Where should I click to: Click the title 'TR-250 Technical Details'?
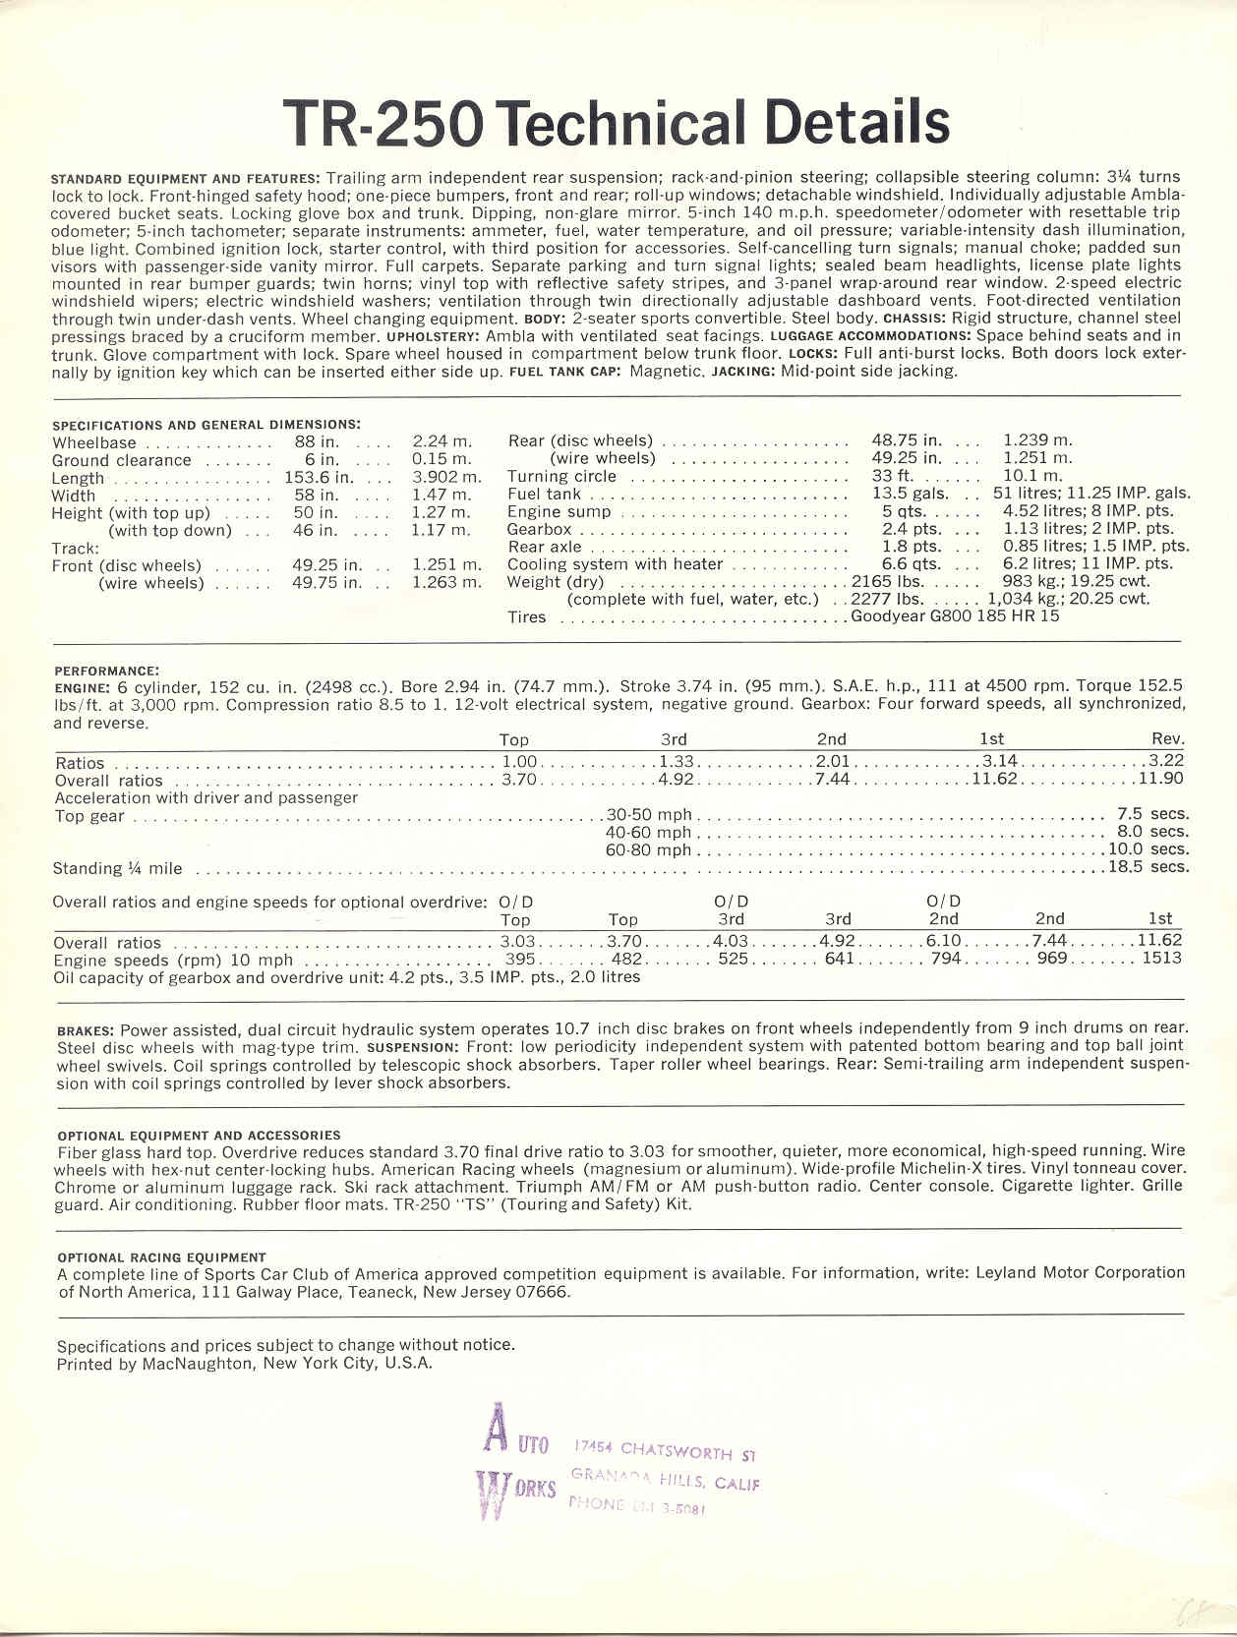pyautogui.click(x=617, y=124)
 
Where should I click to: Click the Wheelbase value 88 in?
pyautogui.click(x=317, y=442)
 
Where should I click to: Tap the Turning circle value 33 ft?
pyautogui.click(x=893, y=476)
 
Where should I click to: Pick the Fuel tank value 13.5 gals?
pyautogui.click(x=910, y=494)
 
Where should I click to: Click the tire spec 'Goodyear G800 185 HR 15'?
pyautogui.click(x=955, y=616)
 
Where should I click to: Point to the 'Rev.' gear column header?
pyautogui.click(x=1168, y=739)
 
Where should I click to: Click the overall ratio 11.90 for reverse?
pyautogui.click(x=1161, y=779)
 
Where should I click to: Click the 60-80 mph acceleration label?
pyautogui.click(x=648, y=850)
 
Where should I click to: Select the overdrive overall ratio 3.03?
pyautogui.click(x=518, y=941)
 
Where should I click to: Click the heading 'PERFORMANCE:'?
pyautogui.click(x=106, y=671)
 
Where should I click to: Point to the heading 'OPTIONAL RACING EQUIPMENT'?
pyautogui.click(x=161, y=1257)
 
